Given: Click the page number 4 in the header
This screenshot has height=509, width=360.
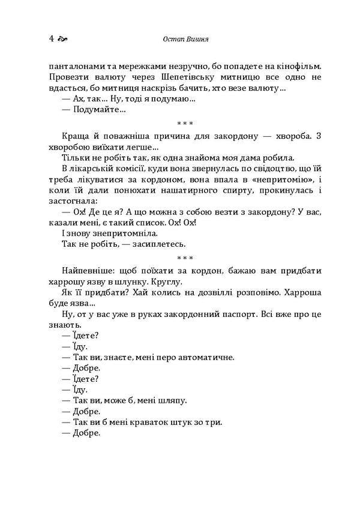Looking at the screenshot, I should [x=52, y=39].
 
